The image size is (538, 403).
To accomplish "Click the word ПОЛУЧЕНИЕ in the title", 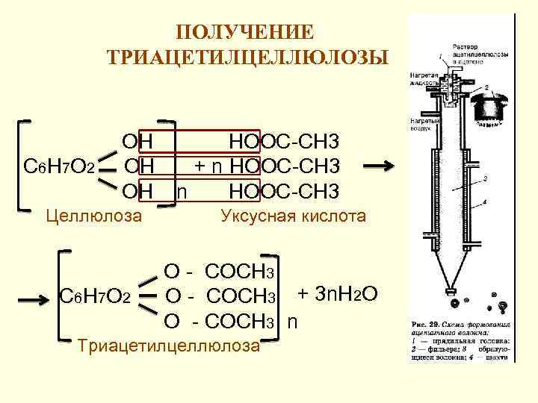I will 247,32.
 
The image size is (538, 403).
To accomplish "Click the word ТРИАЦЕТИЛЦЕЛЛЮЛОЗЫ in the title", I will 247,58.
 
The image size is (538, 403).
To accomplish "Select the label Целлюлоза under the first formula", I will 93,216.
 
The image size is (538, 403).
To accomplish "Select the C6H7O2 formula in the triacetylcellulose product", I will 95,299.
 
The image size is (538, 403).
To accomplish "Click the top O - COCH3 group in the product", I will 220,272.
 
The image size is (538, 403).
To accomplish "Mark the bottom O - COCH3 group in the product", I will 220,322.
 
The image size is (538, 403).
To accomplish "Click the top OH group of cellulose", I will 138,141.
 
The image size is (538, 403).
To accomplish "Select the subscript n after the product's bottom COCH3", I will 292,322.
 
